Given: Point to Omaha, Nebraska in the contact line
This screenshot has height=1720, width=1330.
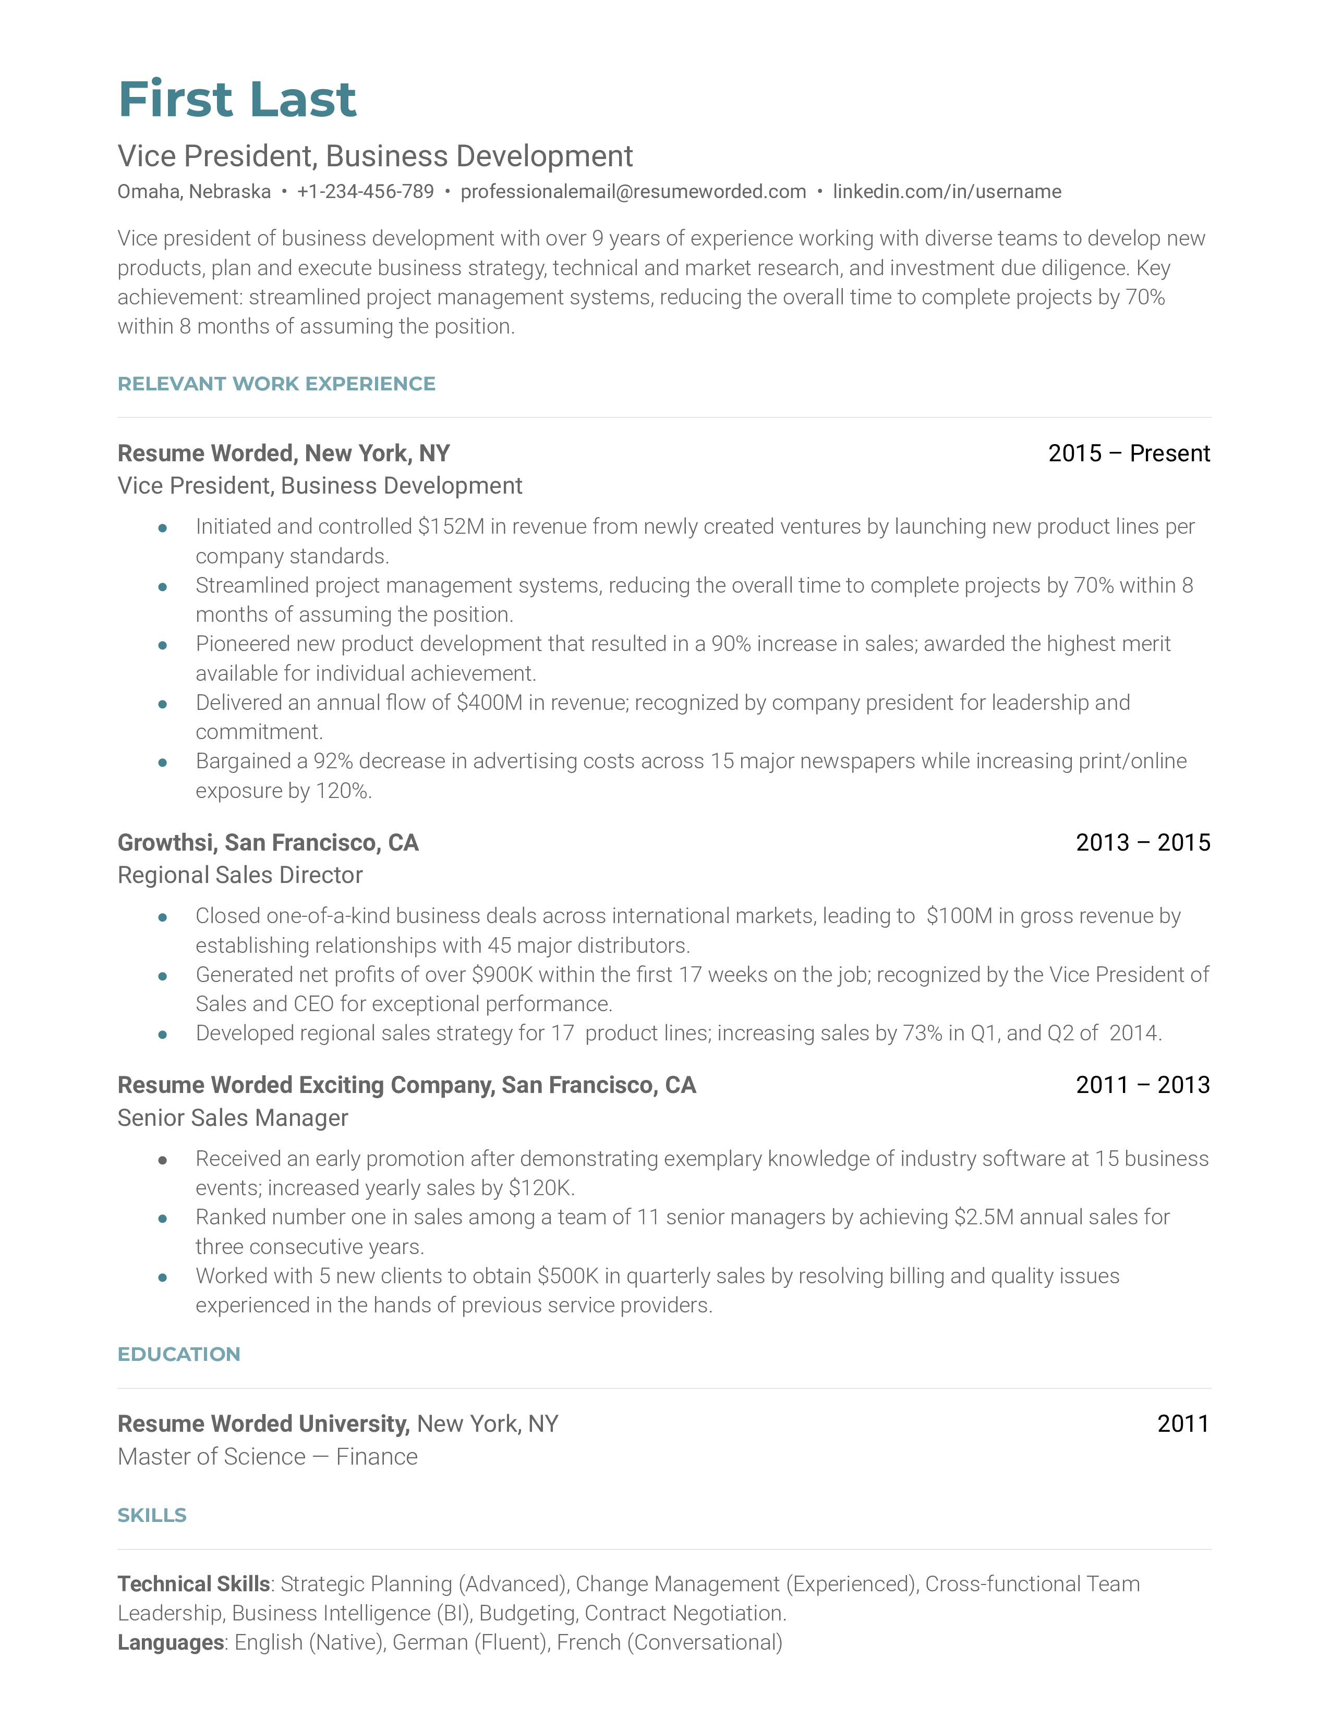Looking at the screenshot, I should [x=194, y=191].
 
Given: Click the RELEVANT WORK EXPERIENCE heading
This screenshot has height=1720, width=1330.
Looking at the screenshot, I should [x=276, y=384].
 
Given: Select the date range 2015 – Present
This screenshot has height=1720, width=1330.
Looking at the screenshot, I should [x=1128, y=453].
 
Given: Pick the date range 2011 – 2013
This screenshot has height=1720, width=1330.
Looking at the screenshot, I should [x=1142, y=1085].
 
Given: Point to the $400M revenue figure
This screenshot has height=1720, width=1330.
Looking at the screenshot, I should [x=489, y=703].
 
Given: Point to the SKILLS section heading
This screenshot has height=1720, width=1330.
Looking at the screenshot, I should [x=152, y=1515].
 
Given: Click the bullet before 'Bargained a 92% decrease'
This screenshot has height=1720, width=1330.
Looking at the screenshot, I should [x=162, y=763].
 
